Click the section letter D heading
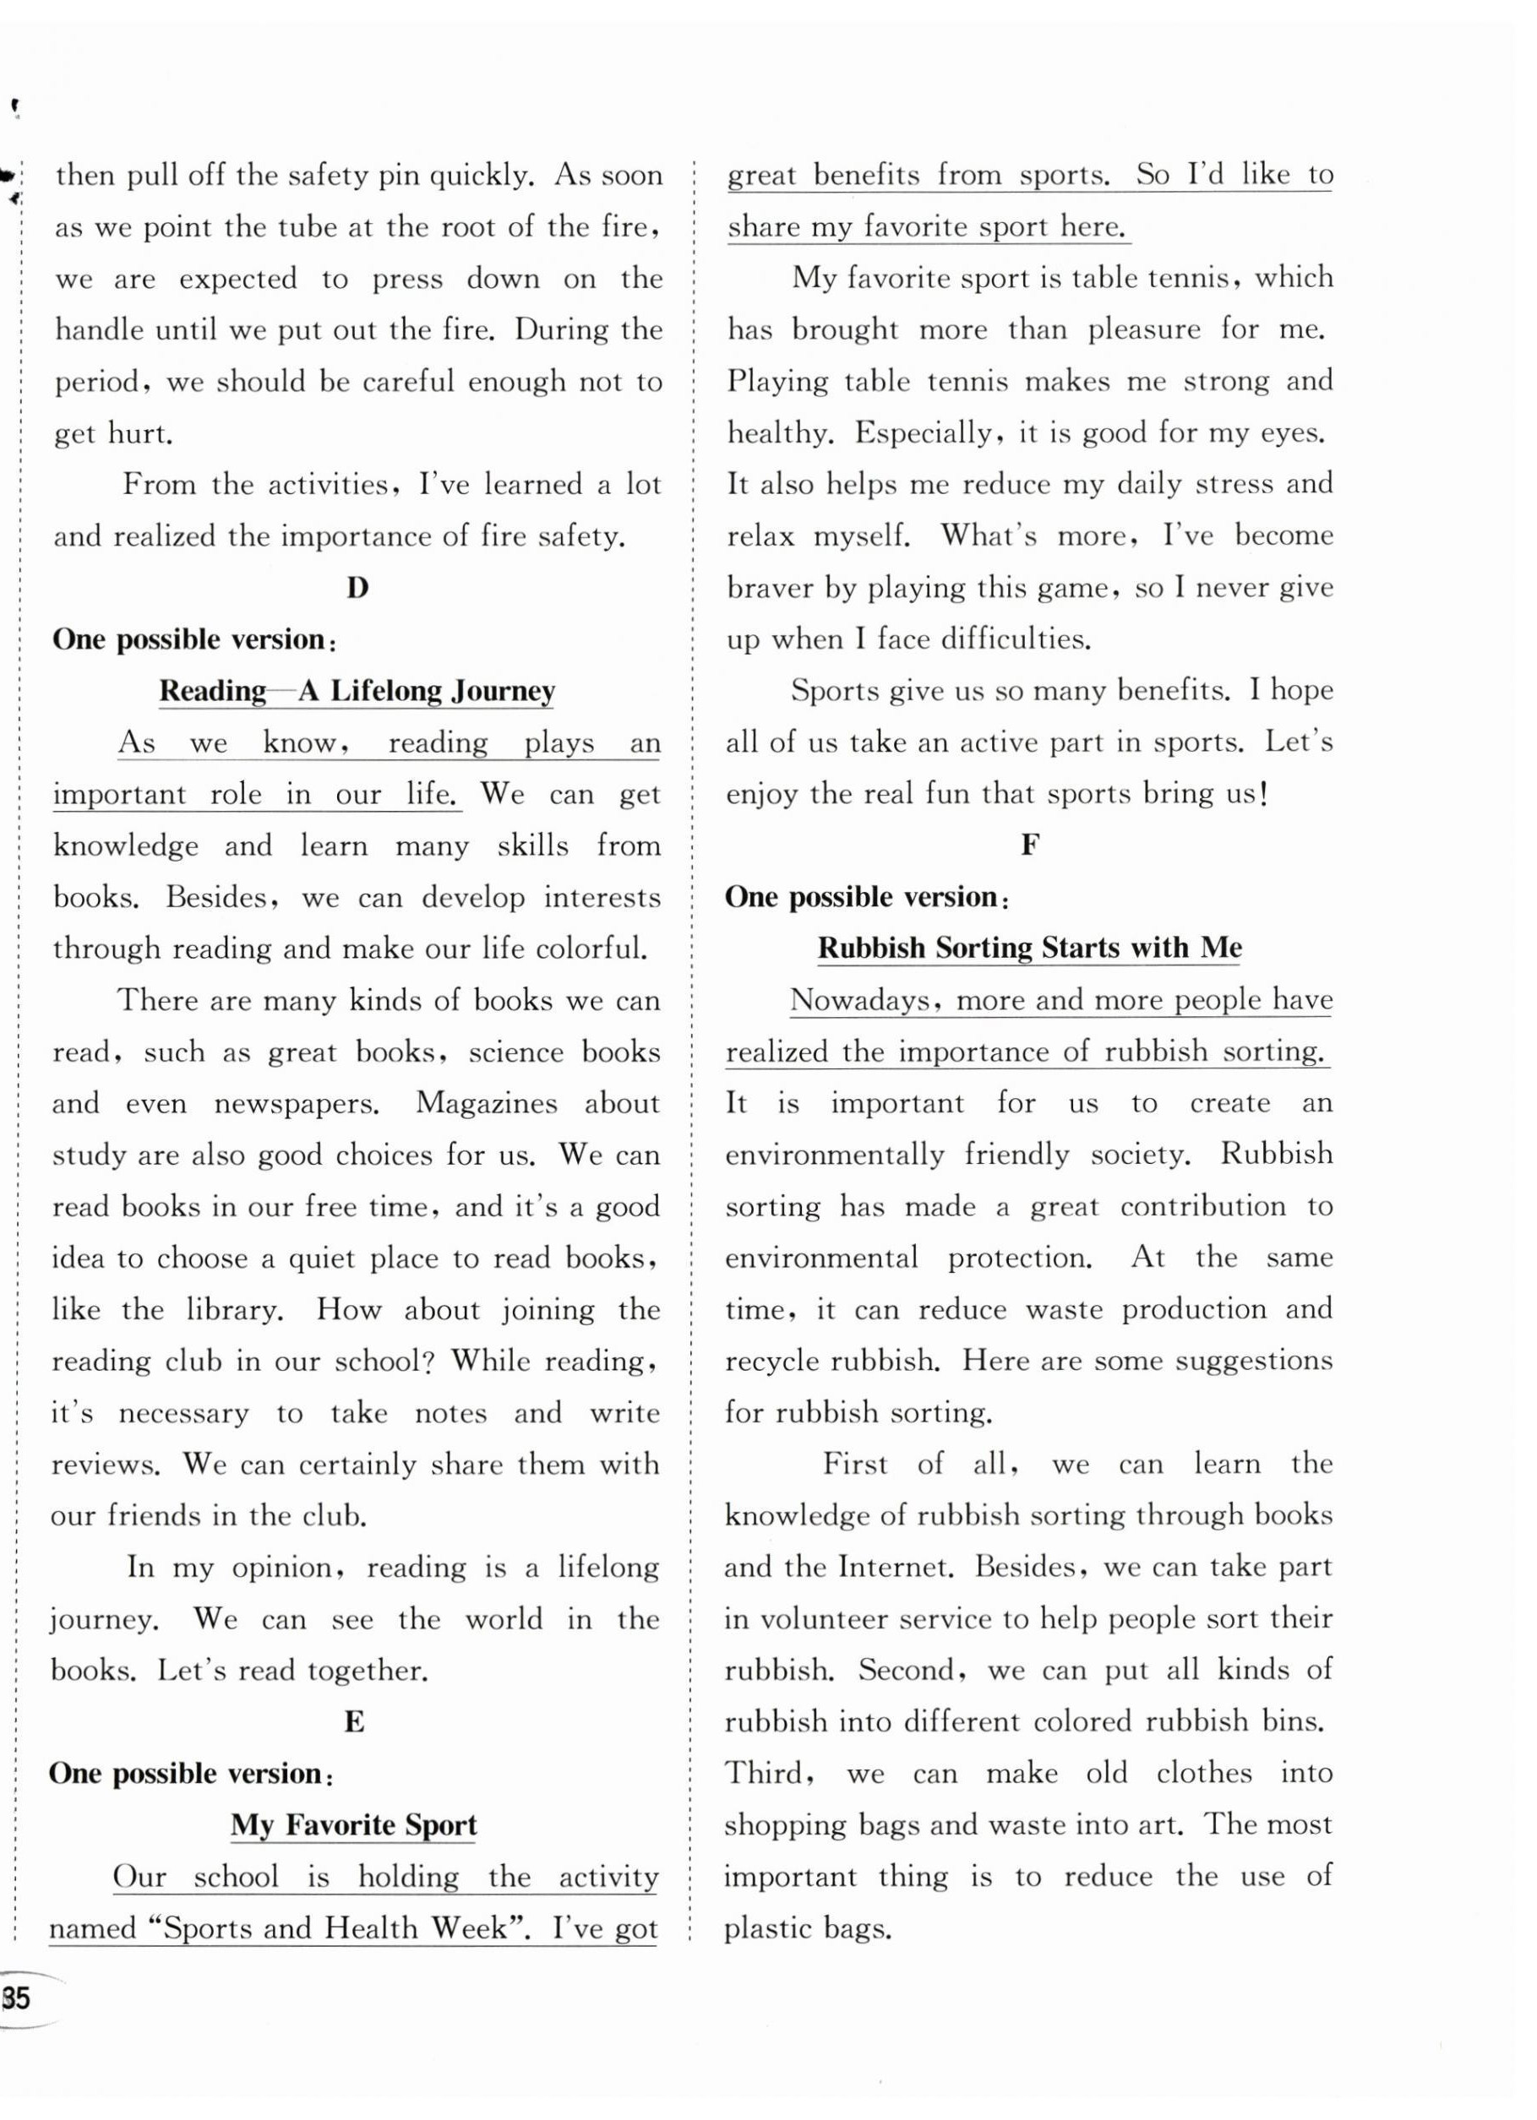point(357,588)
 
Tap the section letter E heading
point(354,1722)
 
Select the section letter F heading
point(1029,845)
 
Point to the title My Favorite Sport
point(353,1824)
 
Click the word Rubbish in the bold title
point(871,948)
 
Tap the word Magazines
point(485,1103)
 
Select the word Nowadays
point(859,1000)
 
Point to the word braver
point(771,588)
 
